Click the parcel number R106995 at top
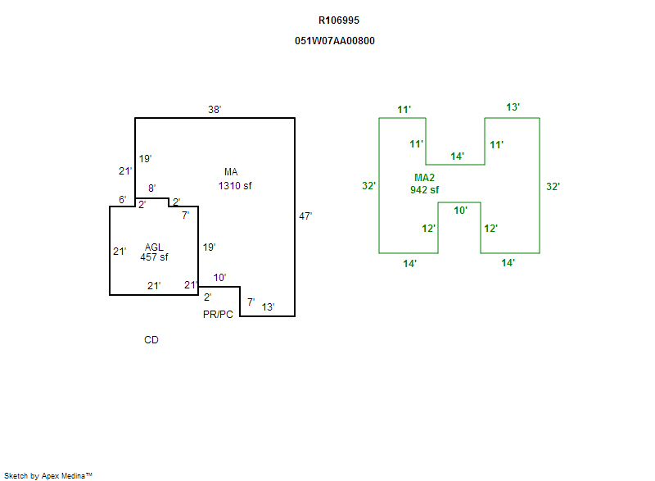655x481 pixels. click(339, 20)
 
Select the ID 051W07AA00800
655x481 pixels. click(335, 40)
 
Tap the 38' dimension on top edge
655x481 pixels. click(215, 109)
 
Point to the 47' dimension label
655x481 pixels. click(305, 216)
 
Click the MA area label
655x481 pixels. click(231, 172)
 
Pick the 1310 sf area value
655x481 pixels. click(235, 186)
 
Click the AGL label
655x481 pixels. click(154, 247)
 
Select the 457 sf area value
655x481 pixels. click(154, 257)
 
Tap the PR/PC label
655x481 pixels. click(219, 314)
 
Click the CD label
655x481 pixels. click(151, 340)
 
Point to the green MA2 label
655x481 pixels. click(425, 178)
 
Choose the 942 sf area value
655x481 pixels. click(425, 190)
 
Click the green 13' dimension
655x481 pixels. click(513, 107)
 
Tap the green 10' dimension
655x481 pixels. click(460, 211)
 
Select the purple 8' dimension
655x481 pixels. click(151, 188)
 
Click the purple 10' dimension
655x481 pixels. click(219, 278)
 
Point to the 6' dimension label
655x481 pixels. click(122, 200)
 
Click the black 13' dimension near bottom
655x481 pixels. click(268, 307)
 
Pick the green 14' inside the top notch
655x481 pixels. click(458, 156)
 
